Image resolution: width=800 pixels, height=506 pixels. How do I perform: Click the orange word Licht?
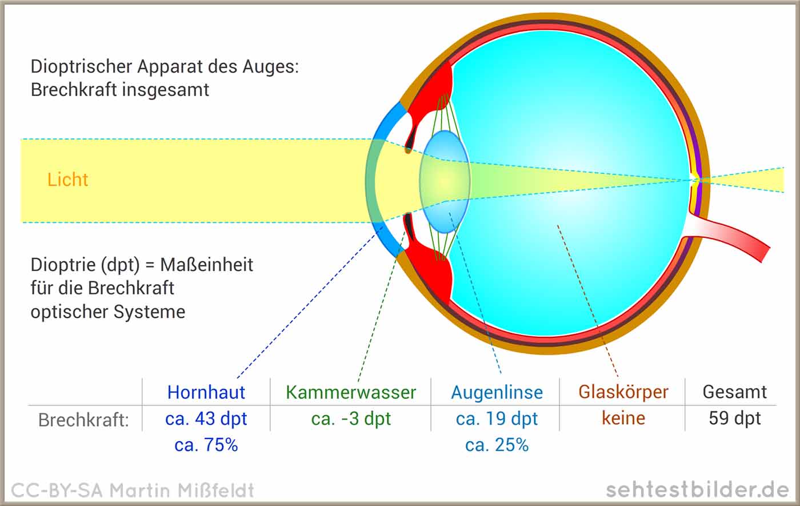point(67,180)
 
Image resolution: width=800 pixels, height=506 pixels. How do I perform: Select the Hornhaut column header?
point(206,392)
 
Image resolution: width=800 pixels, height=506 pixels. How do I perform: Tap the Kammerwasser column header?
point(351,392)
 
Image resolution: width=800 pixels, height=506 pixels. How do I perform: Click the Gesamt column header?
point(734,392)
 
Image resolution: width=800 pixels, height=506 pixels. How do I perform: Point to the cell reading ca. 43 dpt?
point(206,419)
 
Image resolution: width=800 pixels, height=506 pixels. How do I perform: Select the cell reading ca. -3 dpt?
point(351,419)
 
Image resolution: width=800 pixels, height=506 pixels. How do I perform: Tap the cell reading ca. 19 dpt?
point(497,419)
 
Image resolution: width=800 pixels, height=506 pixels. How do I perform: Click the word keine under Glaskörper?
point(623,418)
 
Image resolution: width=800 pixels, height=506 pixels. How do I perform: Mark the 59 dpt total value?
point(735,419)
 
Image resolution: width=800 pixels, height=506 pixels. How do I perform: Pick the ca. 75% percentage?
point(206,445)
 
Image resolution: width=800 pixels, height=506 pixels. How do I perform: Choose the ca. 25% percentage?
point(497,445)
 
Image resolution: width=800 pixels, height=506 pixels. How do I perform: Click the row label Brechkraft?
point(83,420)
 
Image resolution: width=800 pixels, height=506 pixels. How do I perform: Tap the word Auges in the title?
point(269,67)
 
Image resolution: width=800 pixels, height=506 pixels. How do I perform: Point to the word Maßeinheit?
point(206,265)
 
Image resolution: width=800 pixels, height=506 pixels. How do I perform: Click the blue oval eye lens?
point(445,182)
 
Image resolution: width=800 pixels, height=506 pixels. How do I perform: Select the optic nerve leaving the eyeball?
point(729,236)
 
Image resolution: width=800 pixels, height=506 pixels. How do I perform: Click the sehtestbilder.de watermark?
point(697,489)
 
